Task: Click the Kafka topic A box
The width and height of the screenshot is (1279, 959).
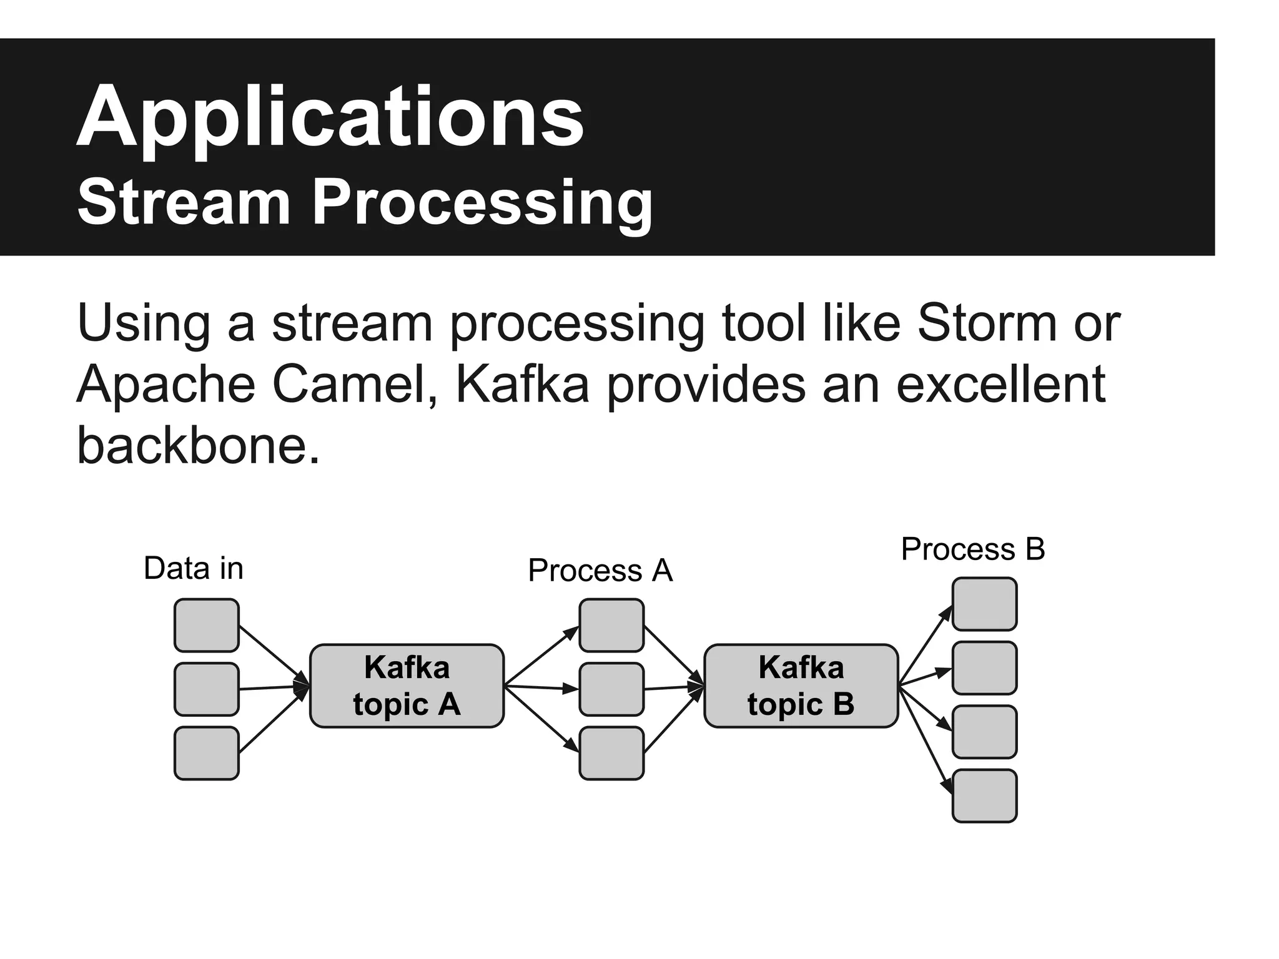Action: (x=407, y=686)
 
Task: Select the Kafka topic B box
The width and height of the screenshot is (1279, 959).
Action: (x=801, y=686)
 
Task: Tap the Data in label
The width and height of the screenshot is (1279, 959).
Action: (x=193, y=568)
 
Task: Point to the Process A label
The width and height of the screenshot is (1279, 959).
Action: (x=600, y=570)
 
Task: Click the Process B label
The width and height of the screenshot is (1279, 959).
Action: (x=972, y=549)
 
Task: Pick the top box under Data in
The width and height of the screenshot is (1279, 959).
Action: (x=206, y=625)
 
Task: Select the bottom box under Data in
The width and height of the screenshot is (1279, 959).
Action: (x=206, y=753)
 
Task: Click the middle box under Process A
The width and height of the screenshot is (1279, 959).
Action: (x=611, y=689)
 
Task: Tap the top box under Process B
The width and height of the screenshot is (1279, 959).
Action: (x=984, y=604)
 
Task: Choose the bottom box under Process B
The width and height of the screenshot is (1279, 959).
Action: (x=984, y=795)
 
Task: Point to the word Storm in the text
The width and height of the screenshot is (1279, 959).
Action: (x=987, y=323)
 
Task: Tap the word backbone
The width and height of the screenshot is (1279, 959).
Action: (x=197, y=445)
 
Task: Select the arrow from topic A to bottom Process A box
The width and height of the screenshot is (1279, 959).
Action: (x=541, y=719)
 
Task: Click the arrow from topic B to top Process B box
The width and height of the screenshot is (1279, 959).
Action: (x=924, y=646)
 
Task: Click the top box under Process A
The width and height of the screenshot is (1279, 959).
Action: (x=611, y=625)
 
